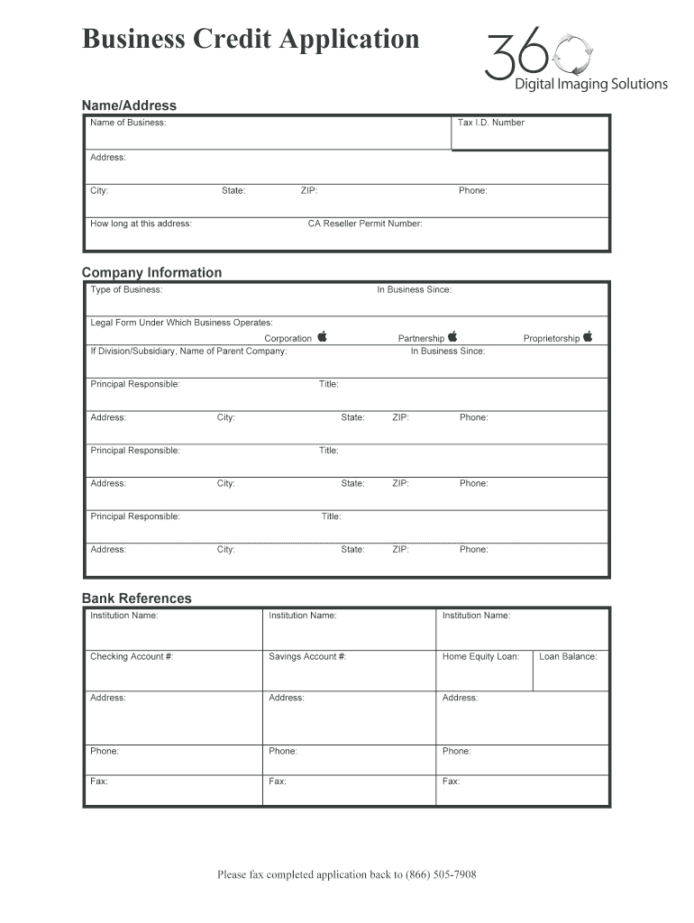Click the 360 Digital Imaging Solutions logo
(x=575, y=60)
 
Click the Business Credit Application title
(x=251, y=40)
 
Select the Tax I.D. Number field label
(x=490, y=123)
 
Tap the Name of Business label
(x=128, y=123)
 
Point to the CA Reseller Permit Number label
(x=365, y=224)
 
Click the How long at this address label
(x=141, y=224)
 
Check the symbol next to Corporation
(x=322, y=337)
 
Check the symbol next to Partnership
(x=452, y=337)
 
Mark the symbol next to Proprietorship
(x=588, y=337)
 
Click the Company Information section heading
(x=151, y=272)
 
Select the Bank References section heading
(x=137, y=599)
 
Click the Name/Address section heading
(x=129, y=105)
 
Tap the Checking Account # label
(x=132, y=657)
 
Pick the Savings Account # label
(x=307, y=657)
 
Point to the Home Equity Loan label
(x=480, y=657)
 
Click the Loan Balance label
(x=568, y=657)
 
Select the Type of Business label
(x=126, y=290)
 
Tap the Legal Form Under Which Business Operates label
(x=181, y=323)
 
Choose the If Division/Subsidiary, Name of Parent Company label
(x=188, y=352)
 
